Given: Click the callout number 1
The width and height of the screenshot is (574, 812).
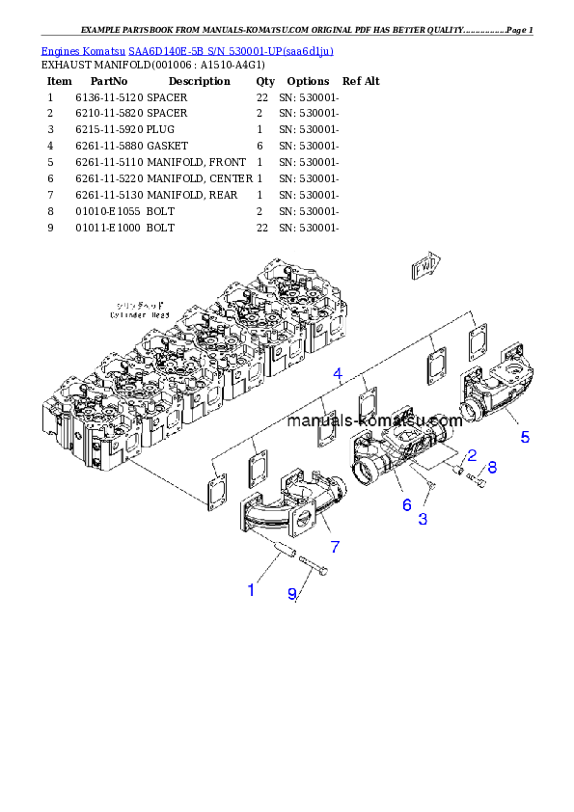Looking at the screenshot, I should click(x=251, y=589).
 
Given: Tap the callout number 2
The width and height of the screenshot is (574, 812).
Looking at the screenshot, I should click(x=472, y=455).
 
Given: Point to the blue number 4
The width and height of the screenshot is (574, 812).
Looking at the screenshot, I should click(x=338, y=373).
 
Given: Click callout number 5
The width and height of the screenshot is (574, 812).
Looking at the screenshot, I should click(x=525, y=437).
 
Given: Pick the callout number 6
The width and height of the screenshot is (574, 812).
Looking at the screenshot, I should click(x=406, y=503).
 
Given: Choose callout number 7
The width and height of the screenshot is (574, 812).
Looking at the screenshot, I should click(x=335, y=547).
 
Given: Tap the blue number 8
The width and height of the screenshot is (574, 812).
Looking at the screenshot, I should click(x=492, y=468).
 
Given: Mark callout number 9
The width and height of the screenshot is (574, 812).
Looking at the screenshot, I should click(x=292, y=594).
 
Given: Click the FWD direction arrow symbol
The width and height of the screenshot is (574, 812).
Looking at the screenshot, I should click(x=424, y=267).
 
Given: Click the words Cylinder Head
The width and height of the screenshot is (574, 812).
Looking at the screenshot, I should click(x=141, y=314).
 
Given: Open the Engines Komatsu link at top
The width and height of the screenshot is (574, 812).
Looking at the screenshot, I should click(x=187, y=51).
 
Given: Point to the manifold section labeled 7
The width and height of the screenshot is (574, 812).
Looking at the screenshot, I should click(x=289, y=501).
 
